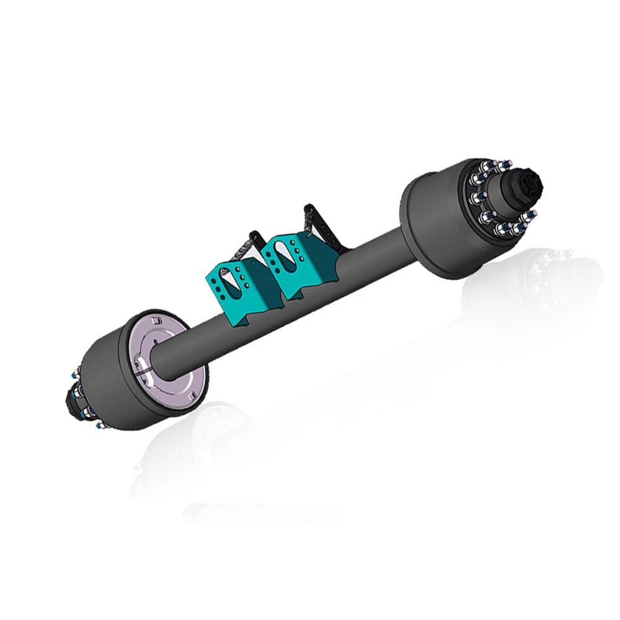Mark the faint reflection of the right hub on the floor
pyautogui.click(x=546, y=279)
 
